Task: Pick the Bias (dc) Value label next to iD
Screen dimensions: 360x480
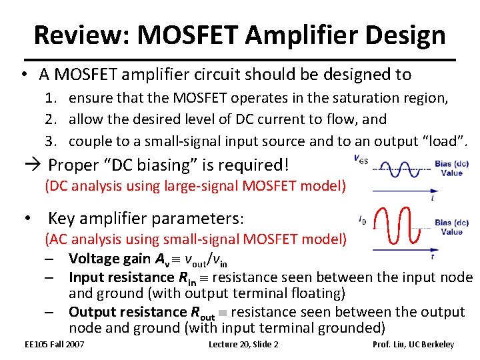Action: click(x=451, y=227)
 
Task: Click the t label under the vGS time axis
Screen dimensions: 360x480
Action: click(x=433, y=198)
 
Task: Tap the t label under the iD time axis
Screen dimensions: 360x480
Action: click(x=433, y=257)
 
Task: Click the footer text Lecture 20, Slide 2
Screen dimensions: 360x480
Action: click(x=243, y=345)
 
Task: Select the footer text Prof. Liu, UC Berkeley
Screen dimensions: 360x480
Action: click(x=413, y=345)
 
